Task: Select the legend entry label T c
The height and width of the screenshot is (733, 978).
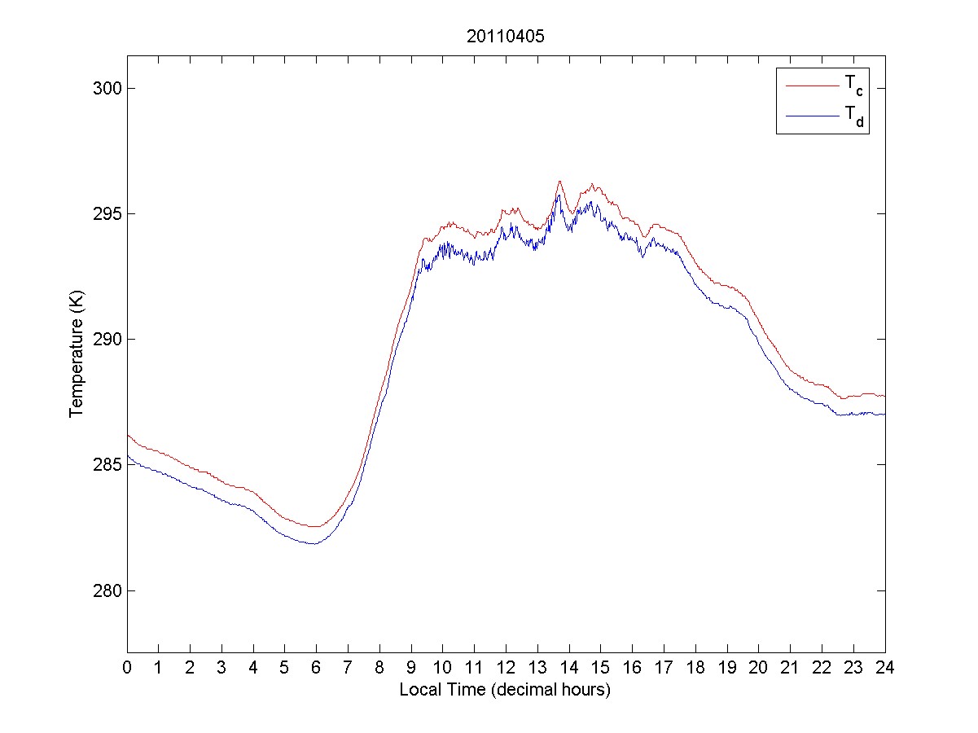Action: coord(853,84)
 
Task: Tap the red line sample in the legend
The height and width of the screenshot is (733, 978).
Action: coord(811,84)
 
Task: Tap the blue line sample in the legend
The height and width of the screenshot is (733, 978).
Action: coord(811,116)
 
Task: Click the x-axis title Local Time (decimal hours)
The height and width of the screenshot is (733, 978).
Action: coord(505,690)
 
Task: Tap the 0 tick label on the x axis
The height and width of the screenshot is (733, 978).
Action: coord(127,667)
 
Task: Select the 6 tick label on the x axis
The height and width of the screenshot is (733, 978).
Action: coord(316,667)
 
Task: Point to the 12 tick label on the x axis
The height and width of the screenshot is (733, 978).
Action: coord(506,667)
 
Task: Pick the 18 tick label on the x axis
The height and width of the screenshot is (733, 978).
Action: coord(695,667)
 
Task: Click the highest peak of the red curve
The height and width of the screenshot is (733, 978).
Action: coord(559,181)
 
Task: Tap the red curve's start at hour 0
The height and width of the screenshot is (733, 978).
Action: coord(128,435)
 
